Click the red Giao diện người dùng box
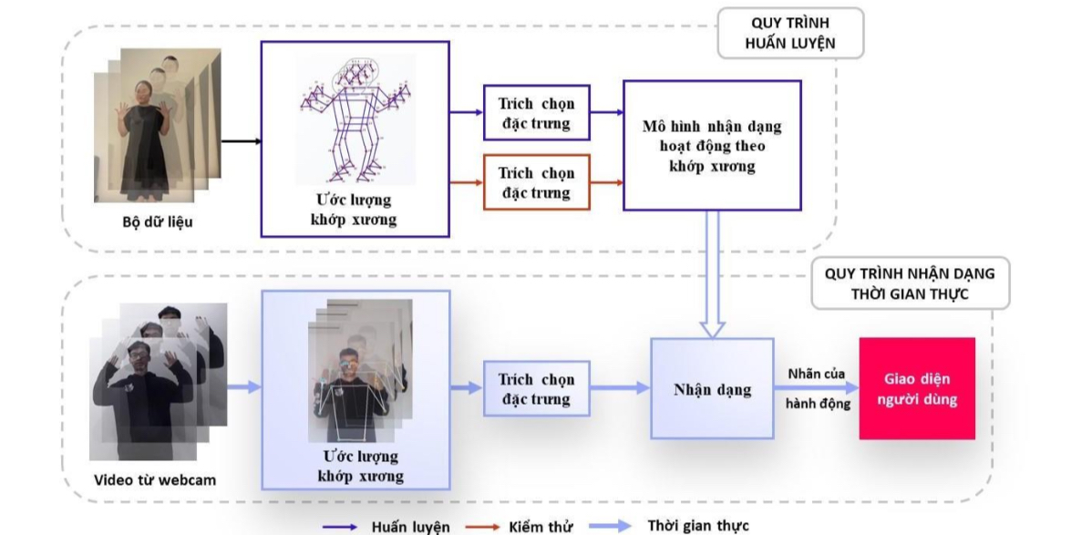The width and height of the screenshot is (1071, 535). coord(916,388)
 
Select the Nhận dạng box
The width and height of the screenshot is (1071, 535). coord(712,389)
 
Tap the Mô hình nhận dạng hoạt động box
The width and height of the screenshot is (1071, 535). coord(712,146)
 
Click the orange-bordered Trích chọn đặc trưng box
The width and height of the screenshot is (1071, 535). coord(536,183)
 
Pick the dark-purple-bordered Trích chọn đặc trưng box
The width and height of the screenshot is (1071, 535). coord(536,113)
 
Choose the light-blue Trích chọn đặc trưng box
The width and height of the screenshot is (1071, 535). coord(536,389)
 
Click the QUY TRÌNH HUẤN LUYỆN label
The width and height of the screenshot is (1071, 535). coord(790,33)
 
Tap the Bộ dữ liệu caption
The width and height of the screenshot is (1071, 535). coord(157,222)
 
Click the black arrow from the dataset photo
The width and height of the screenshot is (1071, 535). coord(241,141)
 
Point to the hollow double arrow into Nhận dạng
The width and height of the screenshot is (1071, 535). coord(712,273)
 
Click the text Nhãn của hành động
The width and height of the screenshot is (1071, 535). coord(817,388)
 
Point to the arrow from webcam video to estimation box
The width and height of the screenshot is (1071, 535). coord(243,388)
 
